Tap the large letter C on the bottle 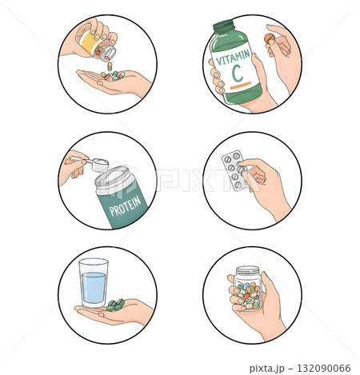point(237,75)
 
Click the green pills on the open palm point(115,304)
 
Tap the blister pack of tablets point(234,169)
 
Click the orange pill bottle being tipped point(94,44)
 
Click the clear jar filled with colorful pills point(248,293)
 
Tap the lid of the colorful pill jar point(248,272)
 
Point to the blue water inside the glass point(94,288)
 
